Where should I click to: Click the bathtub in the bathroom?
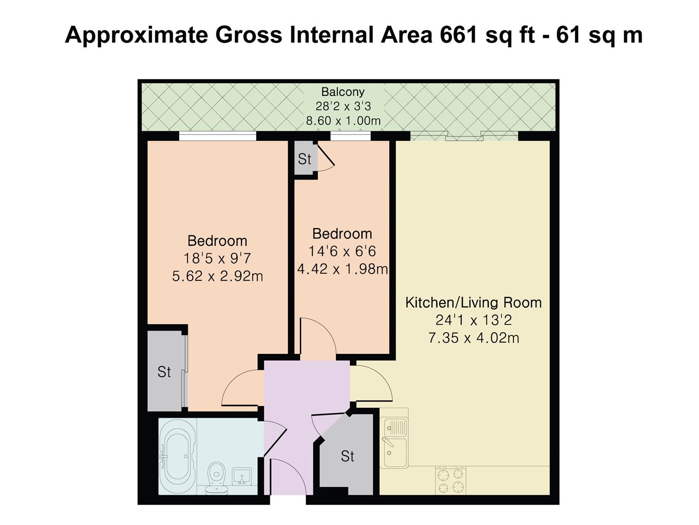(177, 456)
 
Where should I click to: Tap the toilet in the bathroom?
(216, 478)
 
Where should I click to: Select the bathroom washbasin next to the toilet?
(242, 476)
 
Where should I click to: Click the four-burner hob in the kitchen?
(450, 481)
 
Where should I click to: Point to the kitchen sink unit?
(395, 442)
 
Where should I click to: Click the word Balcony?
(343, 92)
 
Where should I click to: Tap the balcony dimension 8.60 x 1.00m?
(343, 121)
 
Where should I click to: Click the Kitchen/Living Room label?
(473, 302)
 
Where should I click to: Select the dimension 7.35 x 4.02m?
(474, 337)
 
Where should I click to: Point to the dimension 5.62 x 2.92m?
(217, 276)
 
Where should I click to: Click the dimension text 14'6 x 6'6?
(342, 251)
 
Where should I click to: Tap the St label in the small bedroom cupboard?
(304, 159)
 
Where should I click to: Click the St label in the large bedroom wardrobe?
(164, 372)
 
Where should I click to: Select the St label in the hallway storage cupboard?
(348, 456)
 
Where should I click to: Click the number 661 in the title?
(458, 35)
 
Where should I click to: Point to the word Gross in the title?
(249, 35)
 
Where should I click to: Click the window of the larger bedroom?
(217, 136)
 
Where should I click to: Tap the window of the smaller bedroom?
(350, 136)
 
